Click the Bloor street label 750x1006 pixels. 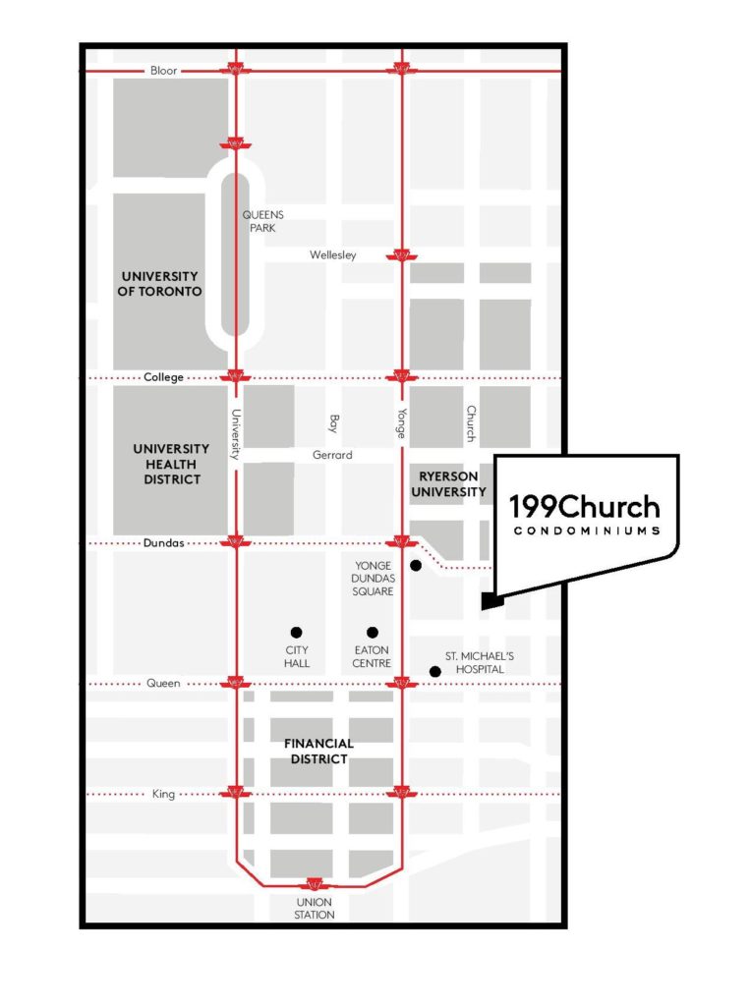pos(163,71)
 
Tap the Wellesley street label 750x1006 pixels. pos(332,254)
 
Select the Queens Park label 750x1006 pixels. pos(262,221)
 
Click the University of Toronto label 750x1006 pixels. pos(160,284)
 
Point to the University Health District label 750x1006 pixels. pos(171,464)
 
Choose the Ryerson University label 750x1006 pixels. pos(448,484)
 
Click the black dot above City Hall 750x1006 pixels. pos(296,633)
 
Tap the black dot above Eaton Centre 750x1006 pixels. pos(373,633)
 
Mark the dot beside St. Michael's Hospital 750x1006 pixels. pos(435,672)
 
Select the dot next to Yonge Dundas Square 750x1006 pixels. pos(416,565)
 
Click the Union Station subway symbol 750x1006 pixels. pos(314,884)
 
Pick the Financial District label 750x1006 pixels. pos(318,752)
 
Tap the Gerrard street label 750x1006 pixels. pos(332,455)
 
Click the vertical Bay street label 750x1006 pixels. pos(333,423)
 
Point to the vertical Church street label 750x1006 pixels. pos(471,423)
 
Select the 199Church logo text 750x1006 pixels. pos(584,507)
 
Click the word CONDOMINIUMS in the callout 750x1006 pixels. pos(587,531)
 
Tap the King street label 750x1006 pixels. pos(163,794)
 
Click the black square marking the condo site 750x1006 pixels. pos(492,601)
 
